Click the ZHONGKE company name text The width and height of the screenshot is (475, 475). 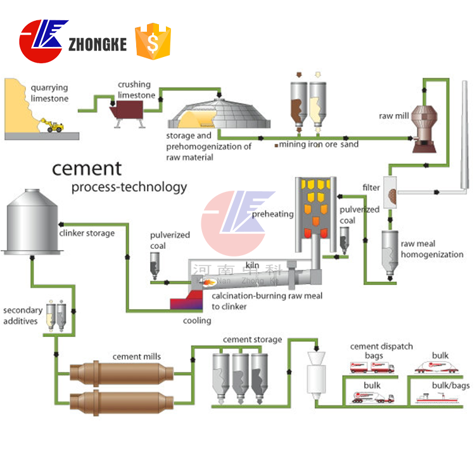[x=98, y=44]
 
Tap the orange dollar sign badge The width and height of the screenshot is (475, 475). [x=153, y=41]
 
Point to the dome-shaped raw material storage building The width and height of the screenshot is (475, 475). [x=219, y=113]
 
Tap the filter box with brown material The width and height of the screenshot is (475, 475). [x=390, y=193]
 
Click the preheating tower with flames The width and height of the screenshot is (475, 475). [x=316, y=215]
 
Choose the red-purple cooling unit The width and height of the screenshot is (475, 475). [x=187, y=300]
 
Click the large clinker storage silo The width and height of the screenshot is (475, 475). [x=32, y=222]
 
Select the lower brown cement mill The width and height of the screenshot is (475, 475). [x=122, y=403]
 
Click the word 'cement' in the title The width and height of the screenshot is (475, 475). [x=87, y=168]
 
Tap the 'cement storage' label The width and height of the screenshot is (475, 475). [x=252, y=339]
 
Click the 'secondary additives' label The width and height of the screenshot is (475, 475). [x=23, y=315]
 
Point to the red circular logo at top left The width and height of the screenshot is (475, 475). [x=41, y=42]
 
